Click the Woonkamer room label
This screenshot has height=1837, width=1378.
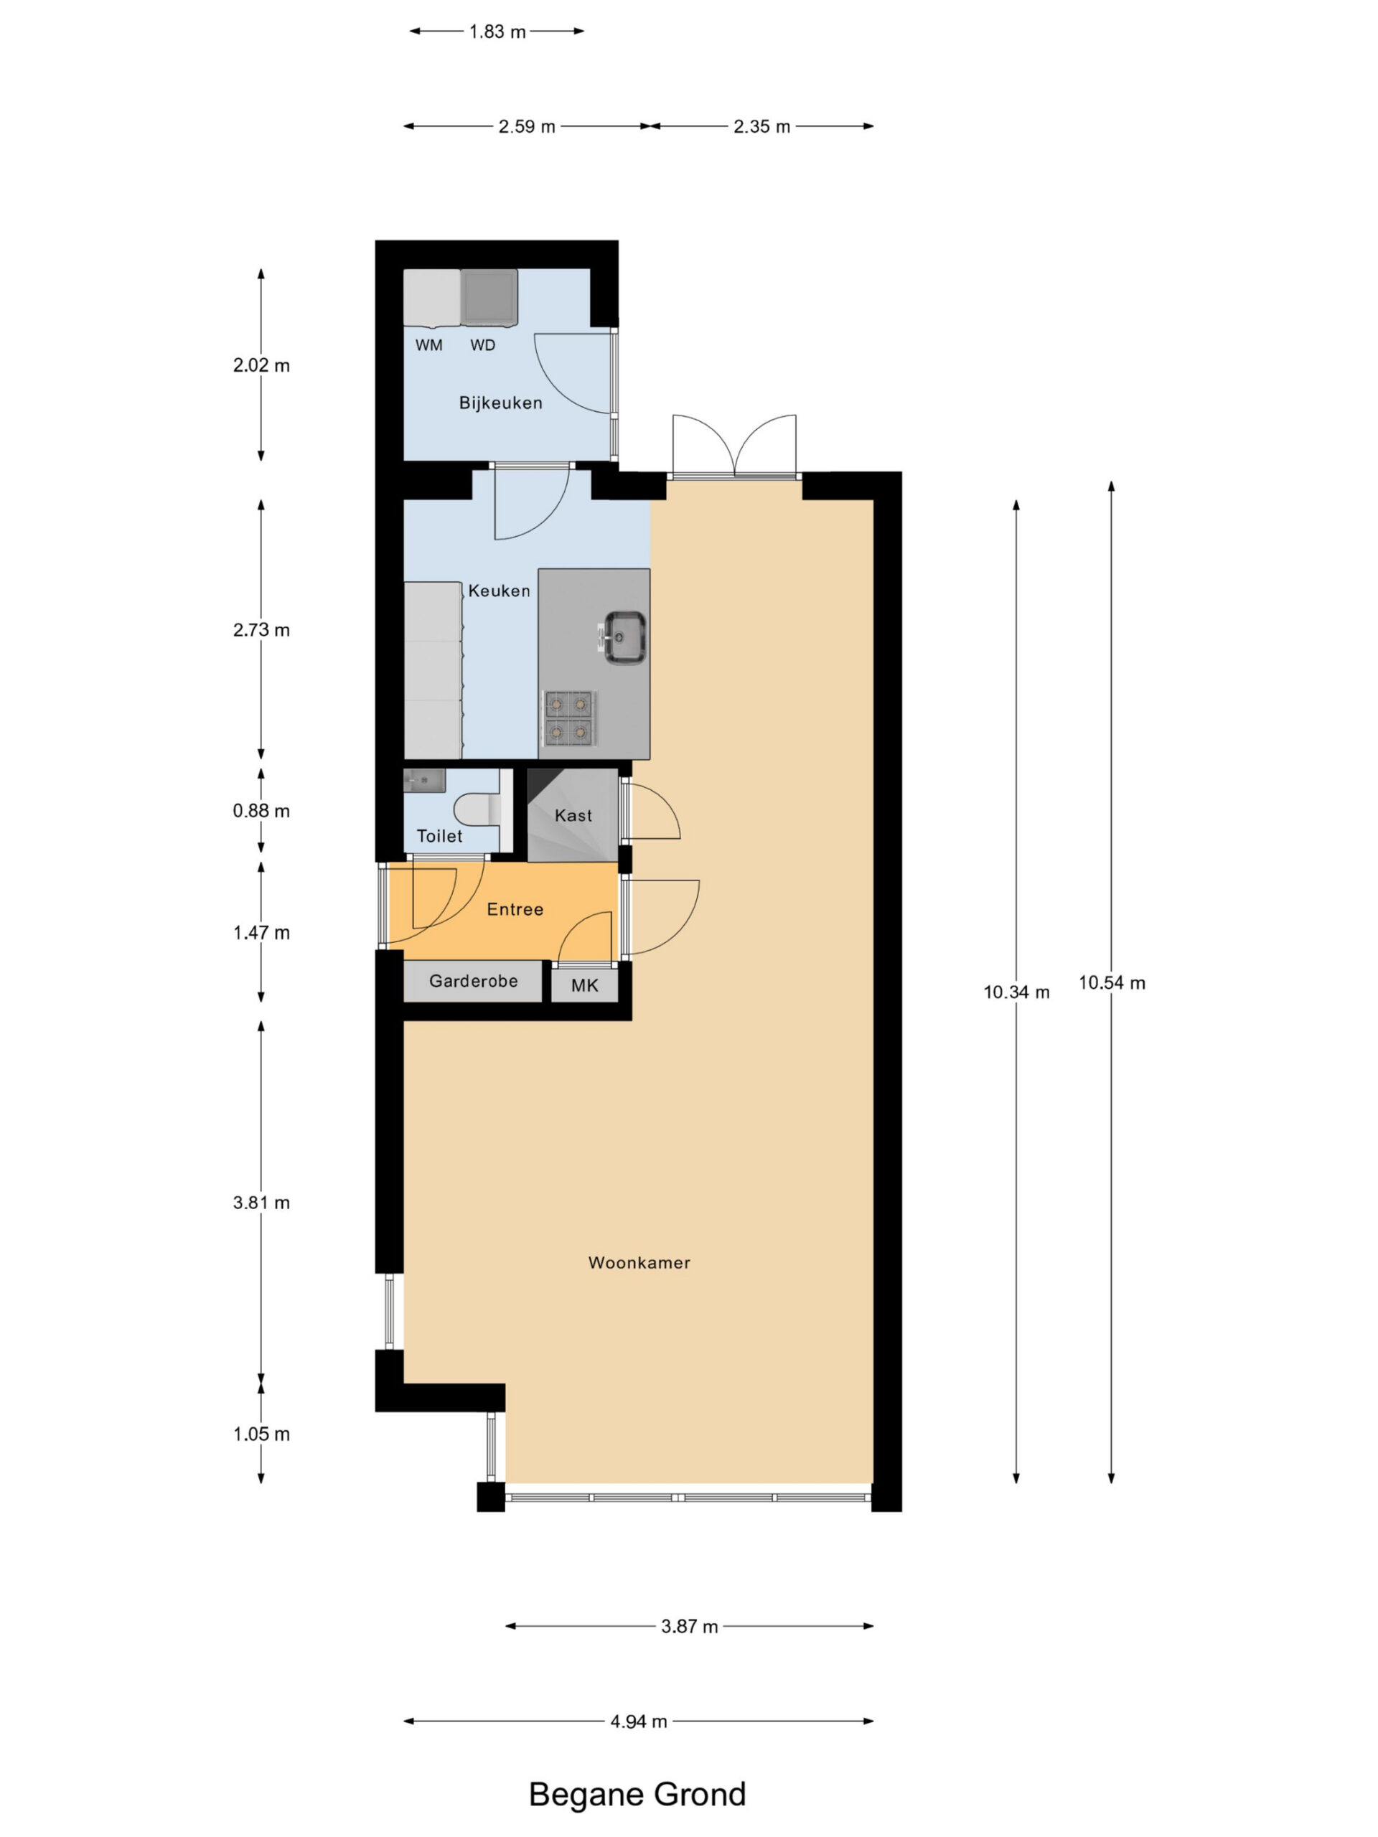[639, 1262]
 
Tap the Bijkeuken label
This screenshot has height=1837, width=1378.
[501, 403]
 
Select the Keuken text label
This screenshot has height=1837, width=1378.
[500, 591]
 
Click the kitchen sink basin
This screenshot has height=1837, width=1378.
[624, 637]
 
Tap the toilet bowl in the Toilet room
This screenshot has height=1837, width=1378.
[477, 809]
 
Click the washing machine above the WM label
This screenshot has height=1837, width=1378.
[432, 296]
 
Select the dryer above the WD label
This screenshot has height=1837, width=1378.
[489, 296]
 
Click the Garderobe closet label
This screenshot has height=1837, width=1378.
[474, 981]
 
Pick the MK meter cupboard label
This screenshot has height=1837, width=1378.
[585, 986]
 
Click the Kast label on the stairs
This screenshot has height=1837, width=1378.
[573, 815]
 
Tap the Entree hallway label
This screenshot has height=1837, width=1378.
[515, 909]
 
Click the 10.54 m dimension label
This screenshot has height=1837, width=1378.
[1111, 983]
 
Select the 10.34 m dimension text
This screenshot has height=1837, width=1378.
[1017, 992]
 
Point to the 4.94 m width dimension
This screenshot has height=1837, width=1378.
[639, 1721]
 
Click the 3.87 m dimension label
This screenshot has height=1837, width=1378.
[690, 1626]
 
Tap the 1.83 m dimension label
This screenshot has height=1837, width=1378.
[497, 32]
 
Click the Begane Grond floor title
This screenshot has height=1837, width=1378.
[638, 1795]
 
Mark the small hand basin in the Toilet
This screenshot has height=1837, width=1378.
[424, 781]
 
